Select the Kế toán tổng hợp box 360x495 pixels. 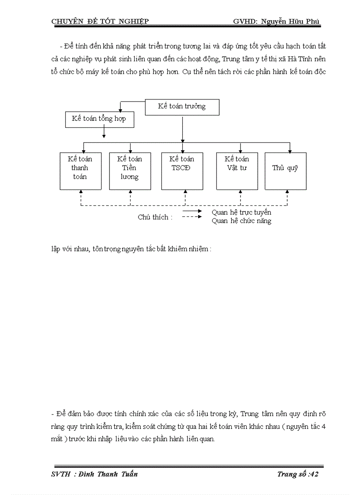pyautogui.click(x=99, y=119)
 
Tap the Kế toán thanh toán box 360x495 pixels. pyautogui.click(x=80, y=171)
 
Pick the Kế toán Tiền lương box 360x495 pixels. pyautogui.click(x=130, y=171)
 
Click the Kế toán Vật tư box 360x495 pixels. pyautogui.click(x=237, y=171)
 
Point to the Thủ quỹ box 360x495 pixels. pyautogui.click(x=285, y=171)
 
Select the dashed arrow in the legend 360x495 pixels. pyautogui.click(x=192, y=218)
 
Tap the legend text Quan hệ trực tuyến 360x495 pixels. pyautogui.click(x=241, y=212)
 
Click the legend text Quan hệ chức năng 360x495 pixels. pyautogui.click(x=241, y=221)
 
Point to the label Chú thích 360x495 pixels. pyautogui.click(x=155, y=217)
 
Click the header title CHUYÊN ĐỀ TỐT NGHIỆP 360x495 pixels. pyautogui.click(x=100, y=21)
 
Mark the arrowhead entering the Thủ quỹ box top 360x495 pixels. pyautogui.click(x=289, y=151)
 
